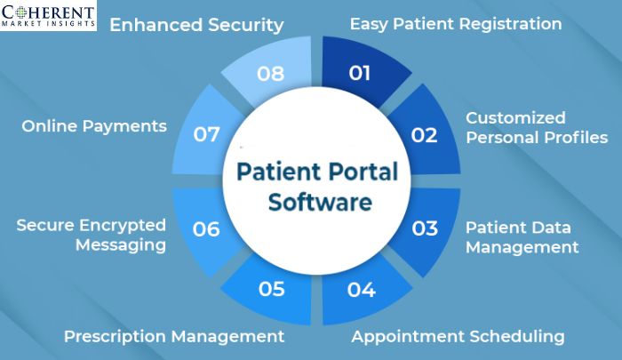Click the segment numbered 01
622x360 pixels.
pyautogui.click(x=360, y=73)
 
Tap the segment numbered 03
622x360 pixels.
pyautogui.click(x=426, y=228)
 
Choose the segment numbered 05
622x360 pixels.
pyautogui.click(x=271, y=289)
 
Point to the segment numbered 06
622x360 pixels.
pyautogui.click(x=206, y=228)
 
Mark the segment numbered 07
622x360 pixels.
pyautogui.click(x=206, y=135)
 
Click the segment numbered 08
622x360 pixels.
pyautogui.click(x=270, y=73)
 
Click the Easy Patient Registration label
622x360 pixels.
pyautogui.click(x=455, y=24)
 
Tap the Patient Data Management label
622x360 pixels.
pyautogui.click(x=522, y=236)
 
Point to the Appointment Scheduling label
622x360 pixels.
pyautogui.click(x=458, y=336)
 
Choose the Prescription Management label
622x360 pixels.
pyautogui.click(x=174, y=336)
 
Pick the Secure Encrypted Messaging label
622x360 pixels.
pyautogui.click(x=92, y=235)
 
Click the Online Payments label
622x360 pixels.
pyautogui.click(x=94, y=126)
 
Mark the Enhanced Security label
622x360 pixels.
pyautogui.click(x=196, y=25)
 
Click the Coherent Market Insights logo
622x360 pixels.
pyautogui.click(x=48, y=18)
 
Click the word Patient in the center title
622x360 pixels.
pyautogui.click(x=281, y=172)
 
